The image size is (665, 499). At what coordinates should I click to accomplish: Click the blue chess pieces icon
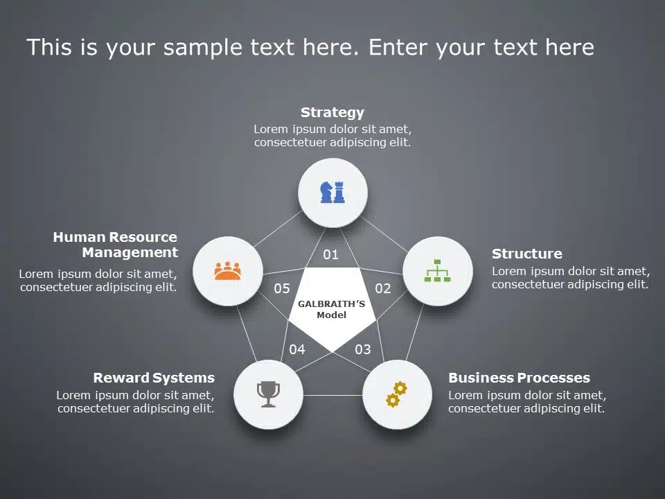pos(332,192)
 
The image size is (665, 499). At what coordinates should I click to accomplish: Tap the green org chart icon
pos(437,270)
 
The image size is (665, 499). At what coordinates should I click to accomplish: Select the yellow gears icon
pos(396,394)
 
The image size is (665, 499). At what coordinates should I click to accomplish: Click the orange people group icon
pos(227,270)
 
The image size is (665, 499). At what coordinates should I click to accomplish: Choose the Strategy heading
pos(332,112)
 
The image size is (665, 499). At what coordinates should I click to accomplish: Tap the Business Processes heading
pos(519,378)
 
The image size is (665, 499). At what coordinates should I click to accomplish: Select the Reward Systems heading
pos(154,378)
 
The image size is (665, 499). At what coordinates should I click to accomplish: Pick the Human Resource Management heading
pos(116,245)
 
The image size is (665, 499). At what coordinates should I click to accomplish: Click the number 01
pos(331,254)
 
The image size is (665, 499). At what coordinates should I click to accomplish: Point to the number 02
pos(383,288)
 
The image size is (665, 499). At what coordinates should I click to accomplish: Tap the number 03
pos(363,349)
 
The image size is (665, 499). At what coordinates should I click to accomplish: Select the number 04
pos(297,349)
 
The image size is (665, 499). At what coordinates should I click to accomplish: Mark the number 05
pos(282,288)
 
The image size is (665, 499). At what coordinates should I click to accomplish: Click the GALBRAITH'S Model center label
pos(332,309)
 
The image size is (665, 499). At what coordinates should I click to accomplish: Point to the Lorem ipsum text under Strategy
pos(332,136)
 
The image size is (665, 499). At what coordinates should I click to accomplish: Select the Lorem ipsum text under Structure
pos(571,278)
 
